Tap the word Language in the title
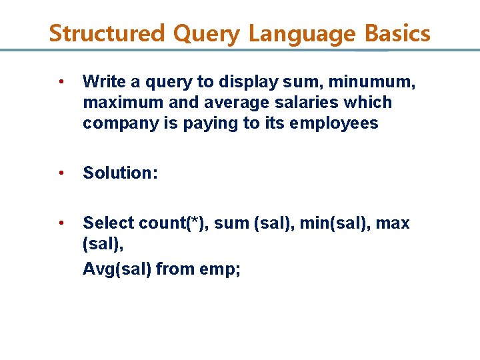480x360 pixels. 301,33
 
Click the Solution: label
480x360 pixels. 120,173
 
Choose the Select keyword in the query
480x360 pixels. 107,223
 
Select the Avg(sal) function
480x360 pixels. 116,269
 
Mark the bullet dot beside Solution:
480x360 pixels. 61,173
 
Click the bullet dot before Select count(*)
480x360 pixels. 61,223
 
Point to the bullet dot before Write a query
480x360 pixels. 61,82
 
